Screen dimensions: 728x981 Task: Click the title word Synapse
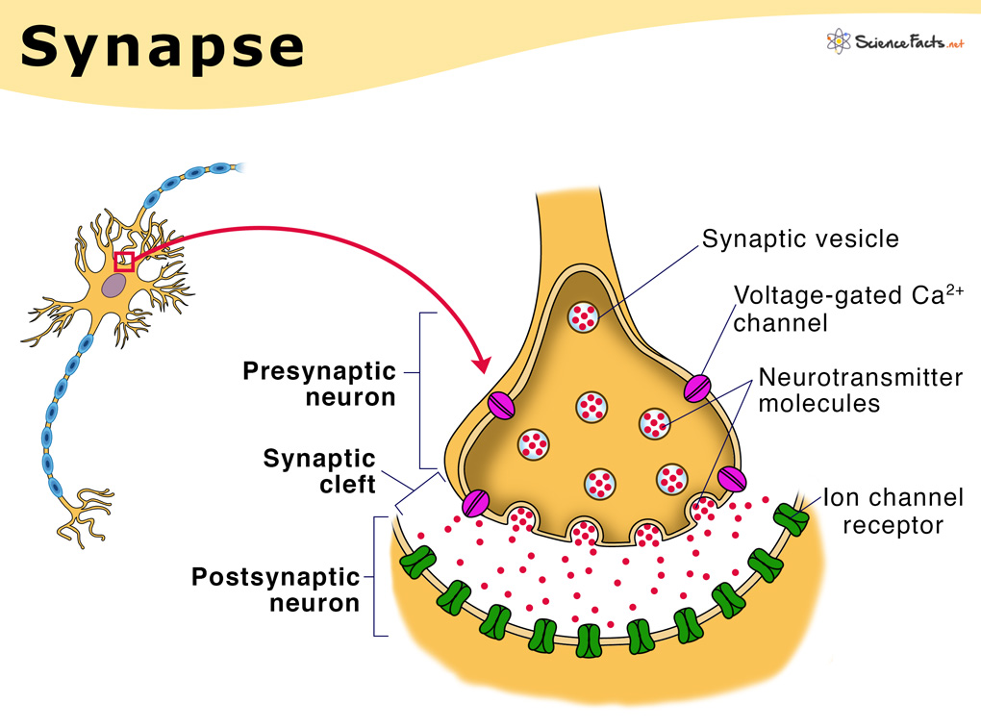(162, 47)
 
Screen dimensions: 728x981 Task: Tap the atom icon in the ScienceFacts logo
(837, 41)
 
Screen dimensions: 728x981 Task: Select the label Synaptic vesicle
(800, 238)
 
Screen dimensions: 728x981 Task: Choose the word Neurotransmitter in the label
(860, 378)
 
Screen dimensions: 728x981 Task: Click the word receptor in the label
(893, 525)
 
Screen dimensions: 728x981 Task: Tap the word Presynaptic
(319, 370)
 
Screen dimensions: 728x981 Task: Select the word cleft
(347, 484)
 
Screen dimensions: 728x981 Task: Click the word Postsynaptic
(275, 577)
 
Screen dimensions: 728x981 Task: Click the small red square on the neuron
(124, 261)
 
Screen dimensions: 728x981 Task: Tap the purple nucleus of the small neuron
(115, 285)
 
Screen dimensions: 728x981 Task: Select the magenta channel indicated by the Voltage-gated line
(697, 387)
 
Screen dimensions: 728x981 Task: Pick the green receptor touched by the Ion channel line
(794, 518)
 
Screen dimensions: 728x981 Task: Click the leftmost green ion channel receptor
(415, 562)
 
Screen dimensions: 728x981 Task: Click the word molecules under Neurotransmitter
(818, 404)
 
